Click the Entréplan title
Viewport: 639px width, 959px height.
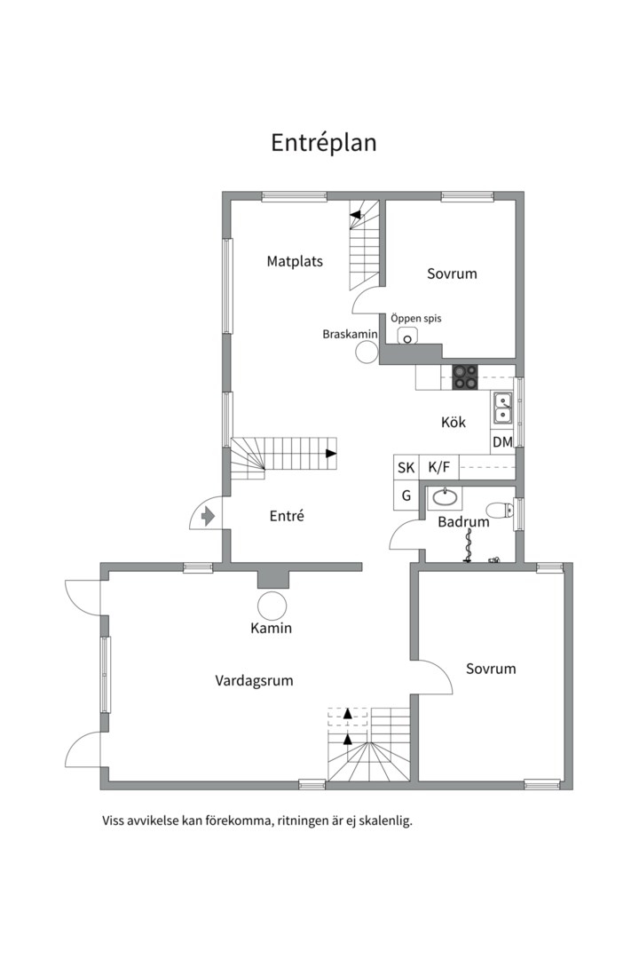(323, 143)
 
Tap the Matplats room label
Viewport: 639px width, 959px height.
(295, 261)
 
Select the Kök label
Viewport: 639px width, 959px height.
(454, 422)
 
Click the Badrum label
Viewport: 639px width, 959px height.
(463, 522)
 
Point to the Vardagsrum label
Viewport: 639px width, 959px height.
(254, 681)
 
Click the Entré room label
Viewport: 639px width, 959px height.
(287, 516)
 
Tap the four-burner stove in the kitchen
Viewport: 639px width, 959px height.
(465, 376)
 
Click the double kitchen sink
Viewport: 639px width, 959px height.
(503, 408)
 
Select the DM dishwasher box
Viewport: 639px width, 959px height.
(502, 441)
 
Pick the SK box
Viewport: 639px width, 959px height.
(406, 468)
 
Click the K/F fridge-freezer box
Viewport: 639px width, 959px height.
(439, 468)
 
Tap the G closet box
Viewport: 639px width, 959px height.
(406, 496)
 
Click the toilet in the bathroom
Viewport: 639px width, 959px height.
(500, 510)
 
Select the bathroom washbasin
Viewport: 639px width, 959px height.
(445, 498)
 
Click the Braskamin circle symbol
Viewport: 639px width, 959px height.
(367, 353)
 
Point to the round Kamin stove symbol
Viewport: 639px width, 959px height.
(272, 606)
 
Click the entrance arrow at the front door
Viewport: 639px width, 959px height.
(209, 516)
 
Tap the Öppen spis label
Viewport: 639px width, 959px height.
(416, 319)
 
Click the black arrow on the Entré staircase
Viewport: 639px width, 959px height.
(331, 454)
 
